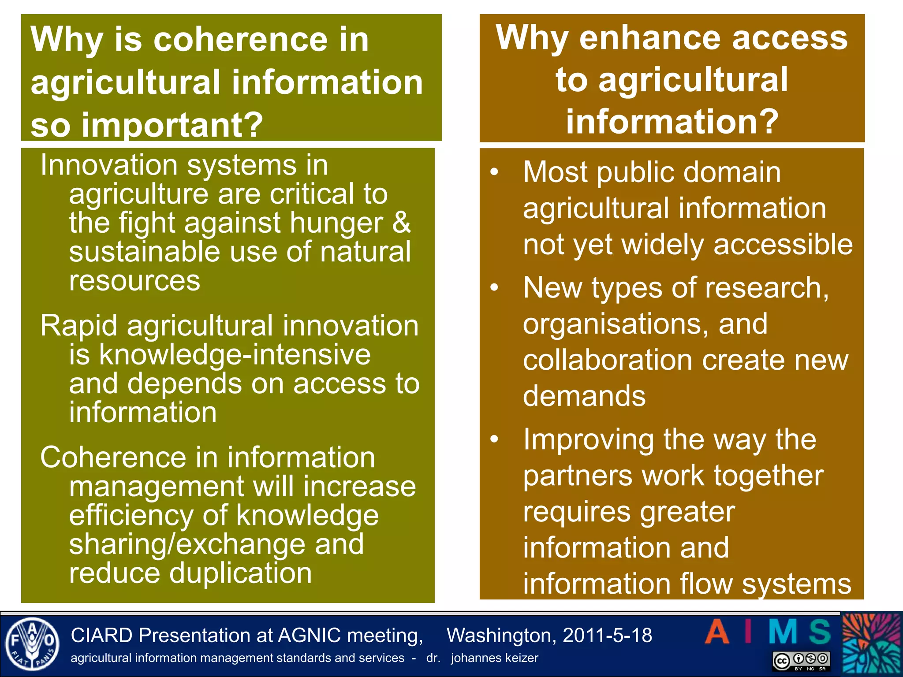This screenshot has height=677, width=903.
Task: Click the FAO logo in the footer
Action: coord(32,644)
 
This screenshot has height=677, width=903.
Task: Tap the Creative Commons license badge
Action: coord(801,661)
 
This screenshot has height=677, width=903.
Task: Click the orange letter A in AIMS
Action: coord(717,632)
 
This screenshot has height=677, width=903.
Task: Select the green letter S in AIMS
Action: coord(820,632)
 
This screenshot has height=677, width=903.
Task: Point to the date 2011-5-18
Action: coord(607,636)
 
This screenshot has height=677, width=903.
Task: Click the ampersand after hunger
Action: coord(401,223)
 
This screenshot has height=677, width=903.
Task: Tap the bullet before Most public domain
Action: coord(494,172)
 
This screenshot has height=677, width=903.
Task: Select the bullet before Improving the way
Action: coord(494,439)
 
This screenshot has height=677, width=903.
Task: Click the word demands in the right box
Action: coord(584,396)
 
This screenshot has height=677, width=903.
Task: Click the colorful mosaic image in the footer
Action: coord(872,644)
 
